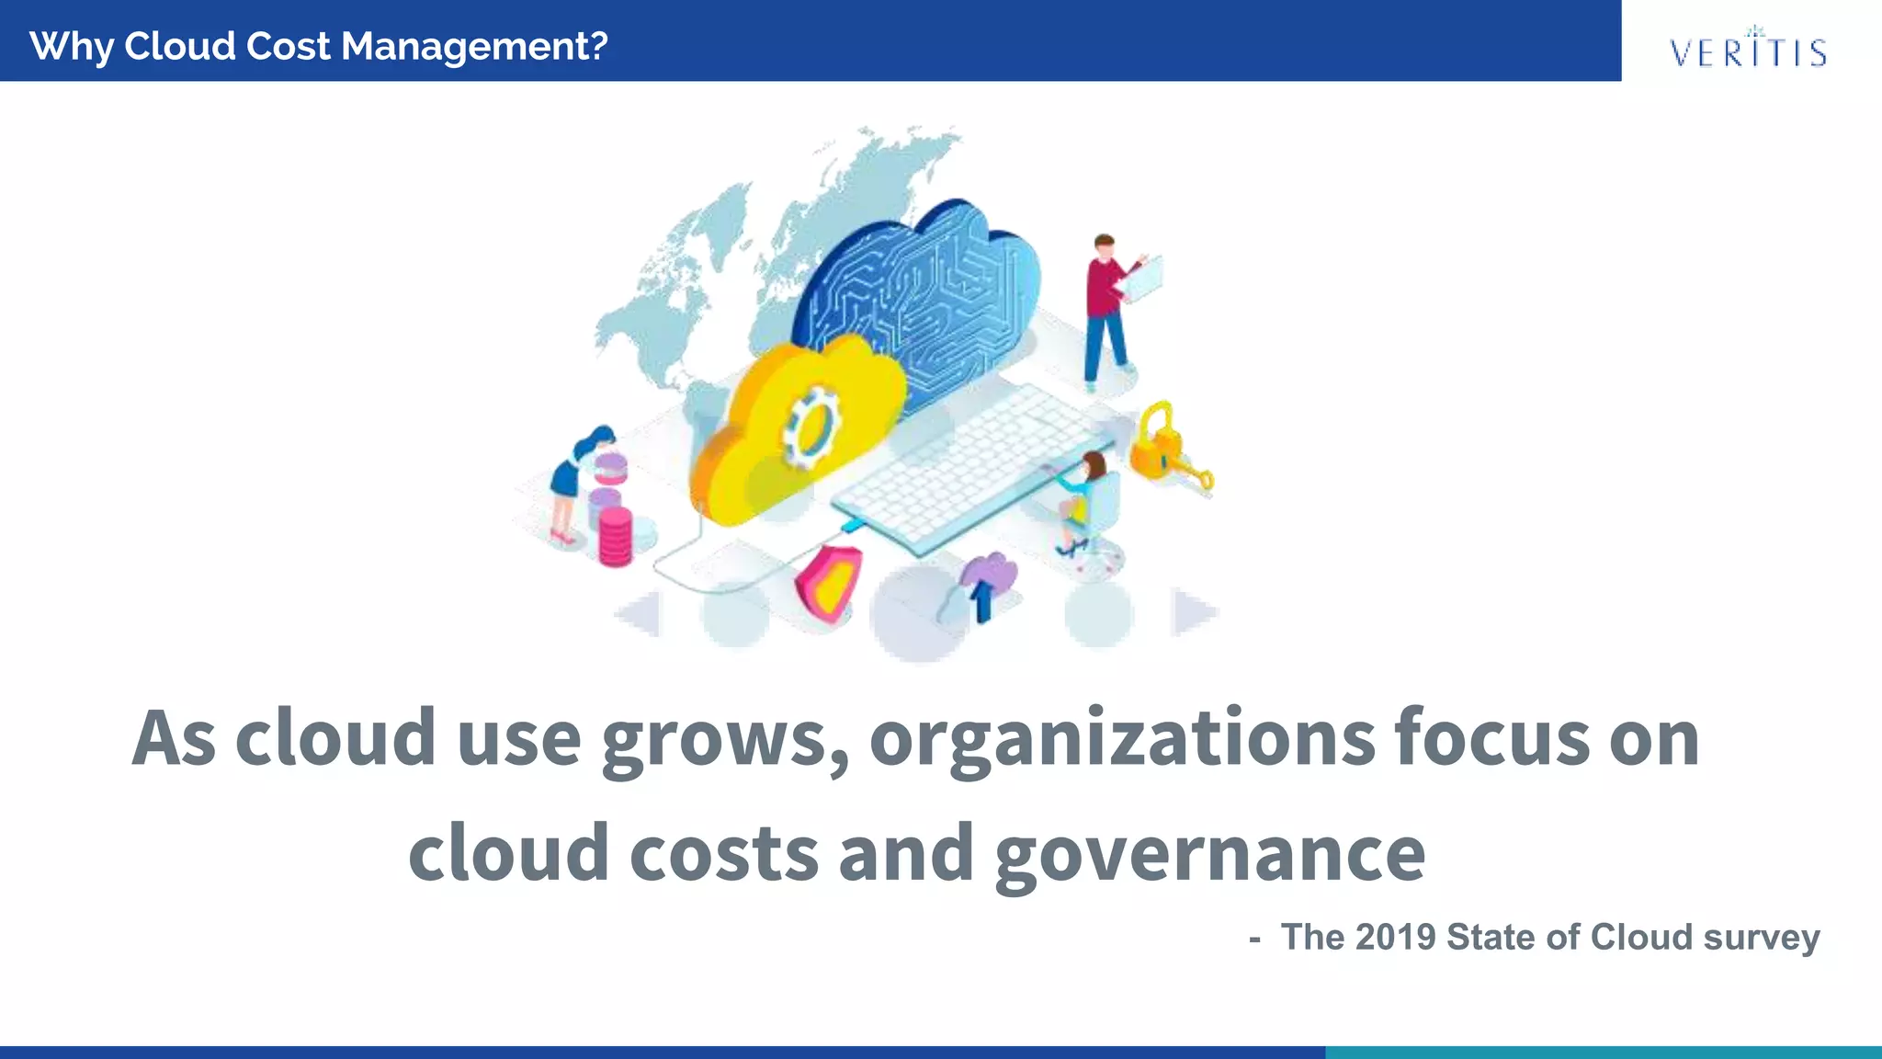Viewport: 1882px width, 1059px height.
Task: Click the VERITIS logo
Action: pos(1748,50)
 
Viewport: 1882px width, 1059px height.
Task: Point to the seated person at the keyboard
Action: pos(1084,501)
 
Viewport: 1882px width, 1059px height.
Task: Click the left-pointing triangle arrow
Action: pos(640,613)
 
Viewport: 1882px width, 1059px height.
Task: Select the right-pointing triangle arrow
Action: pos(1195,612)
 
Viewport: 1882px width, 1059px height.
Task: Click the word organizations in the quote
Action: pos(1122,739)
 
